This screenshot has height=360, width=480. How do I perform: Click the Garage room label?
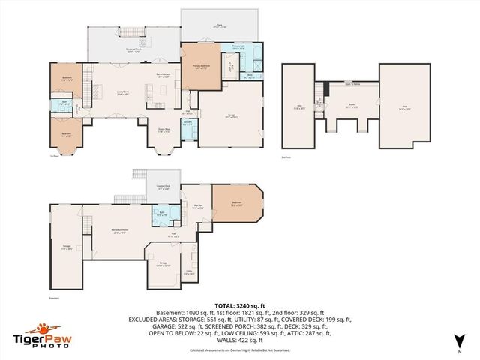coord(232,115)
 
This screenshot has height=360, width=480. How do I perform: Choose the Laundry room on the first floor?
coord(188,123)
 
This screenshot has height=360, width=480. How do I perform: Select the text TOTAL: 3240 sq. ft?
coord(239,305)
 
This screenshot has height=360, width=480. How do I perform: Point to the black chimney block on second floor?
coord(324,91)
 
